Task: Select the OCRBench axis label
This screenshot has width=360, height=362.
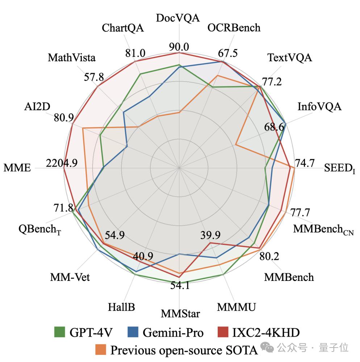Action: coord(234,28)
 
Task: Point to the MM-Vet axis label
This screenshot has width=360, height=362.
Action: coord(70,277)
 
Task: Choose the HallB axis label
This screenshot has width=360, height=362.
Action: coord(121,307)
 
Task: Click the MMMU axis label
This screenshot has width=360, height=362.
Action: coord(236,307)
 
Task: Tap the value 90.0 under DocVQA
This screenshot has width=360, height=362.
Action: coord(179,47)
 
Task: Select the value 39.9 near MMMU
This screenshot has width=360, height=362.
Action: coord(210,235)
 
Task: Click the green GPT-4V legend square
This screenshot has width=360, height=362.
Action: coord(59,332)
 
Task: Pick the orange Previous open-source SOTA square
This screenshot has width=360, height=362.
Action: coord(101,350)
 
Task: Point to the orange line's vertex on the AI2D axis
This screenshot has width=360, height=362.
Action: coord(83,128)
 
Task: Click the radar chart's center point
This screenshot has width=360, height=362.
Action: coord(179,168)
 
